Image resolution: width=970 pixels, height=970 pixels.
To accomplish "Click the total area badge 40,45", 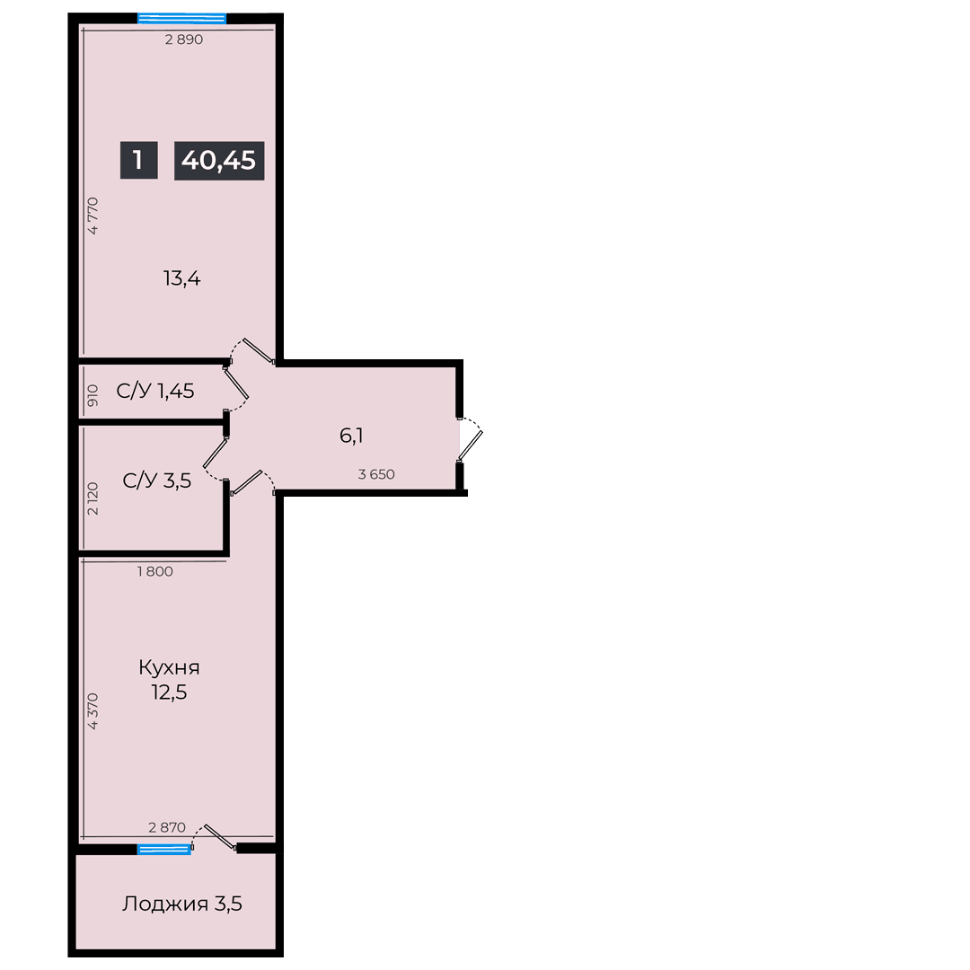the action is pyautogui.click(x=219, y=160).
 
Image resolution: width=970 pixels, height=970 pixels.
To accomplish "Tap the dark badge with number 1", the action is pyautogui.click(x=138, y=160).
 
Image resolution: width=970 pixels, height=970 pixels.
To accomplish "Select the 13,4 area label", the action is pyautogui.click(x=181, y=278).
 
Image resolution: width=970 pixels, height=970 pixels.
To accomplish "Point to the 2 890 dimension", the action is pyautogui.click(x=184, y=40).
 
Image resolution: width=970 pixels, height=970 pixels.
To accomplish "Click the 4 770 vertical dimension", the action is pyautogui.click(x=93, y=216).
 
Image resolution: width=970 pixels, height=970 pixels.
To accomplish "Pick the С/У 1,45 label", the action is pyautogui.click(x=155, y=391).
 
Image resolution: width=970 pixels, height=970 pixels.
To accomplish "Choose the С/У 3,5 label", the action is pyautogui.click(x=157, y=481).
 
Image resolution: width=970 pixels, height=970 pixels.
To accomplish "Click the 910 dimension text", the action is pyautogui.click(x=93, y=395).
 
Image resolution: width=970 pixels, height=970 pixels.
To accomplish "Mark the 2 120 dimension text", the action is pyautogui.click(x=93, y=498).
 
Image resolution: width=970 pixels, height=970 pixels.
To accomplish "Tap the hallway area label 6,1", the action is pyautogui.click(x=351, y=436).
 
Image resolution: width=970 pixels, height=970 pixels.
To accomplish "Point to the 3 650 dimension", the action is pyautogui.click(x=376, y=474).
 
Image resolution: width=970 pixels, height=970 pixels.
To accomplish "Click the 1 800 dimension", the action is pyautogui.click(x=155, y=571).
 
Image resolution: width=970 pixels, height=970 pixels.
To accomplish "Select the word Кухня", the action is pyautogui.click(x=169, y=667).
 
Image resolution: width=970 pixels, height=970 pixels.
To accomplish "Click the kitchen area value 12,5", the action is pyautogui.click(x=169, y=692).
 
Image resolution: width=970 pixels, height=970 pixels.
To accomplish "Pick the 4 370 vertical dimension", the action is pyautogui.click(x=93, y=710).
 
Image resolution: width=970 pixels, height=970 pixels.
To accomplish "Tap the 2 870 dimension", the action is pyautogui.click(x=167, y=827).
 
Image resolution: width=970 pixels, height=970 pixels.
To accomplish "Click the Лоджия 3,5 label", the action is pyautogui.click(x=181, y=904).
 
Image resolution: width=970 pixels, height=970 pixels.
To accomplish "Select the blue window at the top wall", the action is pyautogui.click(x=181, y=19).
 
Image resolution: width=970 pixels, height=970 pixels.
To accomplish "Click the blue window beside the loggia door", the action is pyautogui.click(x=164, y=850).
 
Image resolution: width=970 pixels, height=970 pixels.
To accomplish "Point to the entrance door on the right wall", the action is pyautogui.click(x=470, y=440).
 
